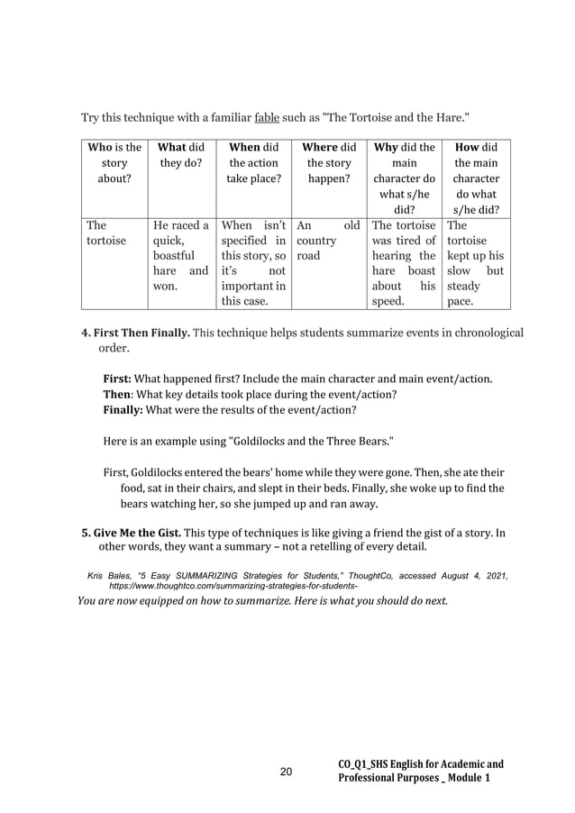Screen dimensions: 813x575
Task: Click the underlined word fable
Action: point(268,118)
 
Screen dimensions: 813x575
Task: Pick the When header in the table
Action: point(254,163)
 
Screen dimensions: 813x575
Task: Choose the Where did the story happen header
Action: point(329,163)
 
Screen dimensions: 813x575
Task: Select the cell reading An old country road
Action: point(329,242)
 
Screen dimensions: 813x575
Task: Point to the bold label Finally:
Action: point(123,410)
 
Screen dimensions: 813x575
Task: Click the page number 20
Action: point(287,772)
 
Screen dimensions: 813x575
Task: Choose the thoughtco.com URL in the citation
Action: point(233,585)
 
